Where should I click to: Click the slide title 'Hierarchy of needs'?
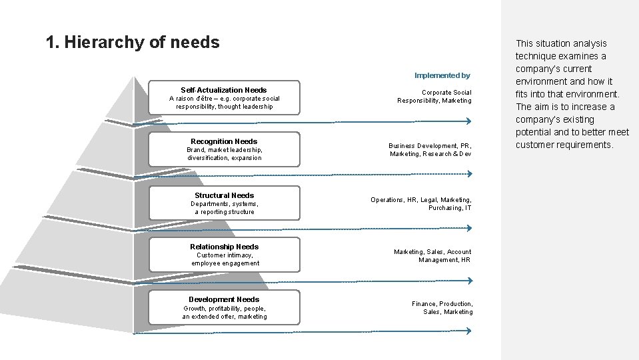coord(133,43)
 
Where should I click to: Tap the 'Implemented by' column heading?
coord(442,75)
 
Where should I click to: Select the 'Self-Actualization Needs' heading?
coord(224,90)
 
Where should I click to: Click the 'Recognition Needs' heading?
coord(224,141)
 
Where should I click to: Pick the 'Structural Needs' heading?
coord(224,195)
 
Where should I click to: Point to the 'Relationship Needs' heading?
coord(224,247)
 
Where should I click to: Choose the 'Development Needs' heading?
coord(224,299)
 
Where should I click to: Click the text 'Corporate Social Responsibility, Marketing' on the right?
coord(434,97)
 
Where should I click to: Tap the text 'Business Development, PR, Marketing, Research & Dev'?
coord(430,150)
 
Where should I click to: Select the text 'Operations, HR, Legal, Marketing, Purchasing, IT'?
coord(421,204)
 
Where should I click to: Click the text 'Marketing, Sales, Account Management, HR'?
coord(432,256)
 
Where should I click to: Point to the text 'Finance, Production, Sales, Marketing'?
coord(442,308)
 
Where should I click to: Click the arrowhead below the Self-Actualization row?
coord(468,121)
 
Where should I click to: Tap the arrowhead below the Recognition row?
coord(468,173)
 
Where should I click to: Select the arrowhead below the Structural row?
coord(468,228)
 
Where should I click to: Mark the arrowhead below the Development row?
coord(468,331)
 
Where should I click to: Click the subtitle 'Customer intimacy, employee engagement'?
coord(225,259)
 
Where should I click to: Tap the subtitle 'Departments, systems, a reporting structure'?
coord(224,208)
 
